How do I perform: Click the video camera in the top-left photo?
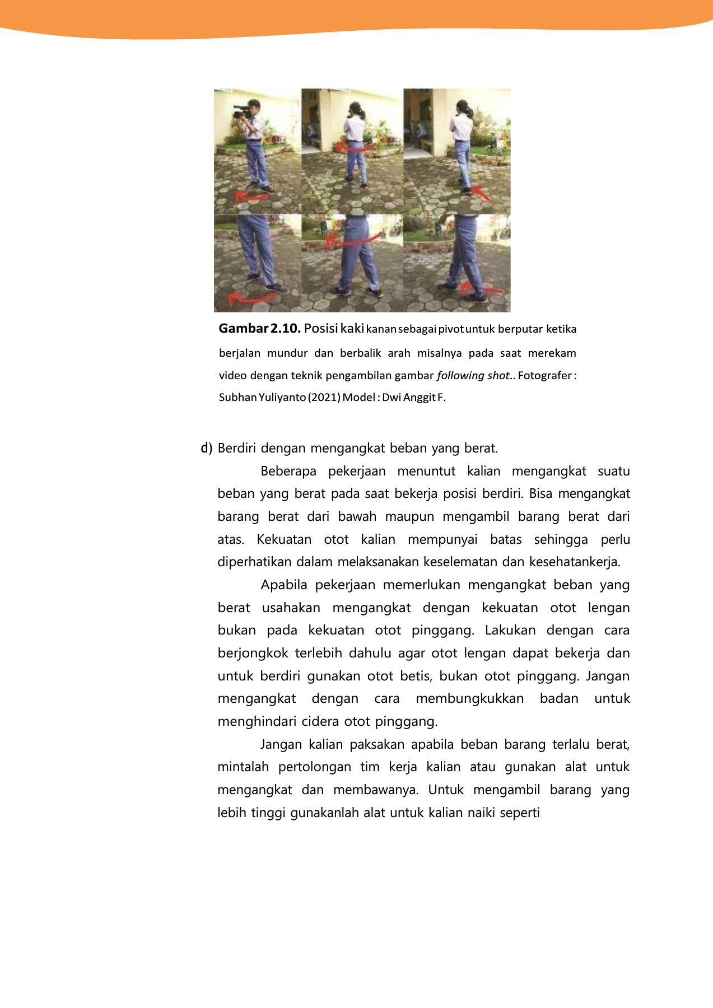click(x=241, y=111)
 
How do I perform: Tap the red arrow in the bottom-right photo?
click(x=481, y=290)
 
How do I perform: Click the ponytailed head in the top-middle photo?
click(x=356, y=110)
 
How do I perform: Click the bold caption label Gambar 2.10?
click(x=259, y=328)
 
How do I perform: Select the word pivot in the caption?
click(x=451, y=329)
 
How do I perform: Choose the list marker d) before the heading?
click(x=207, y=448)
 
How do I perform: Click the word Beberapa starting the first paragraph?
click(x=288, y=471)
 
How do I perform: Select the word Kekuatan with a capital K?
click(x=284, y=539)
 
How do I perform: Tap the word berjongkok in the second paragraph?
click(x=253, y=653)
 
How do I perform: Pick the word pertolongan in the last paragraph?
click(x=314, y=767)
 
